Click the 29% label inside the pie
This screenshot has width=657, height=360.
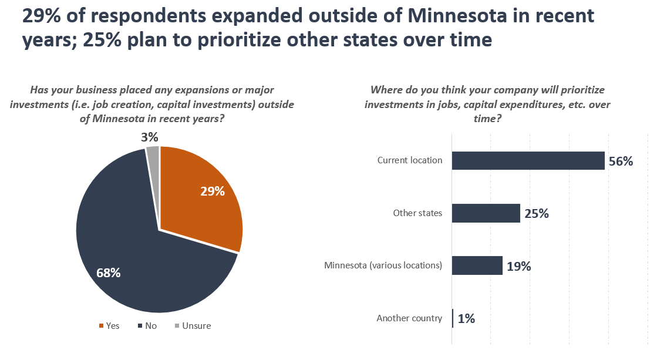click(212, 191)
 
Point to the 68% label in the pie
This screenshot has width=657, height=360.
click(108, 272)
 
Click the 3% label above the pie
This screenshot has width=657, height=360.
click(150, 137)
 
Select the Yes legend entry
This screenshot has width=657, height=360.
click(109, 325)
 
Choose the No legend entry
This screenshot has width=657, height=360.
click(147, 325)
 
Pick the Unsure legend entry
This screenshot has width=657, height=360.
click(193, 325)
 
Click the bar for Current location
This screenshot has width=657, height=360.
click(528, 160)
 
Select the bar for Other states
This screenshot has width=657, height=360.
click(486, 213)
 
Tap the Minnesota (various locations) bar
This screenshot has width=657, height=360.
click(477, 265)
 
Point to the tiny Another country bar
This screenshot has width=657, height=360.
click(453, 318)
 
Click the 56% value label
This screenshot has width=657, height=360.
click(621, 162)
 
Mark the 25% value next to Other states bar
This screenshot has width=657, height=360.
click(536, 214)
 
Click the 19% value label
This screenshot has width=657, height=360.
click(518, 266)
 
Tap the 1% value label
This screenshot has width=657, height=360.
click(466, 319)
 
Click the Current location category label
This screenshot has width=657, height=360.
click(410, 160)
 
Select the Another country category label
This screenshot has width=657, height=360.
click(409, 318)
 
